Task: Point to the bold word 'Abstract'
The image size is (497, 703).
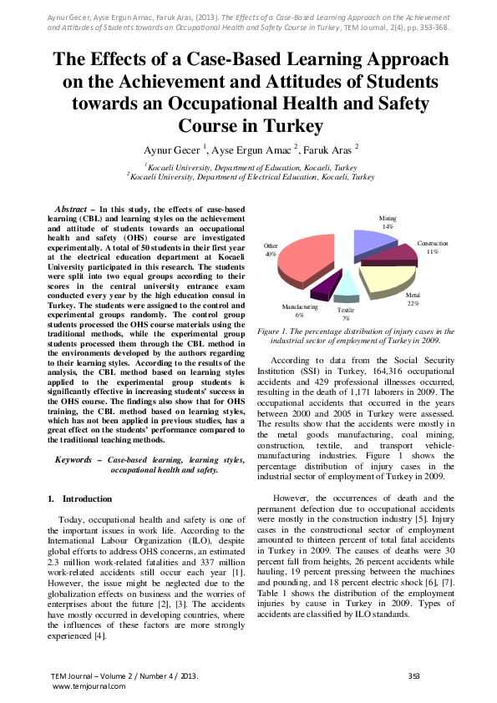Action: [x=74, y=207]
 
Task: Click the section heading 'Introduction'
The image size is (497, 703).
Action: [x=87, y=498]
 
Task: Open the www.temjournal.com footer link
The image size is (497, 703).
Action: [x=89, y=685]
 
